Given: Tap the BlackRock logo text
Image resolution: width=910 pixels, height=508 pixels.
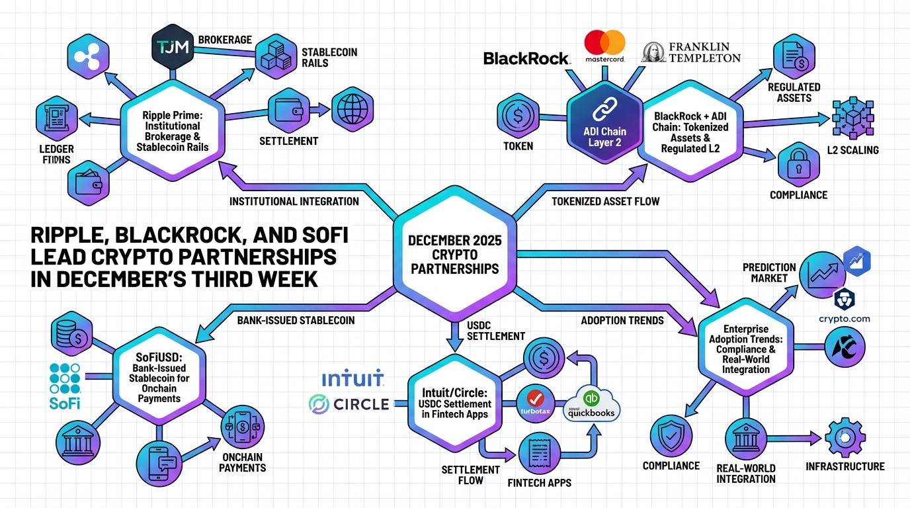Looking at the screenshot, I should coord(526,59).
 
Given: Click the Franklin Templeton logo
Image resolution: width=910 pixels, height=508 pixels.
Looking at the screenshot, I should coord(691,52).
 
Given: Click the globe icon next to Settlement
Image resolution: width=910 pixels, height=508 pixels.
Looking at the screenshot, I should coord(352,109).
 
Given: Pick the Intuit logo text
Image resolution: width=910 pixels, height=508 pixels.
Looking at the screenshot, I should coord(352,380).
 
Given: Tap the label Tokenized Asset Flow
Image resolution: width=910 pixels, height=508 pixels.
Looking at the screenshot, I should coord(605,200).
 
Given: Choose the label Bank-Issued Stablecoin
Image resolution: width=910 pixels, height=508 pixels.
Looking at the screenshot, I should coord(296,320).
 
